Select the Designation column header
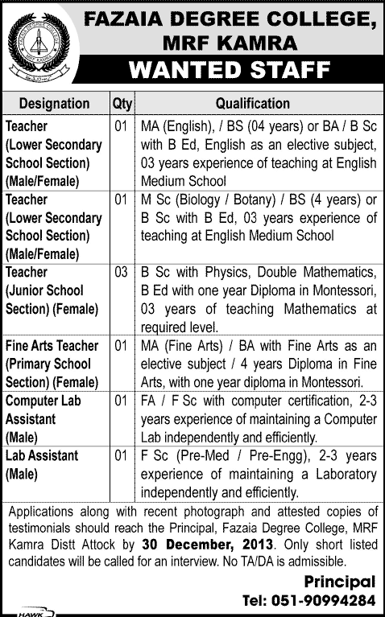coord(54,104)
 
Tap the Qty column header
coord(121,104)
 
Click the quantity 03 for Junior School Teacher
coord(121,273)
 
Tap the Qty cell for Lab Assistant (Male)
coord(121,456)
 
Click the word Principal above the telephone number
coord(339,582)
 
